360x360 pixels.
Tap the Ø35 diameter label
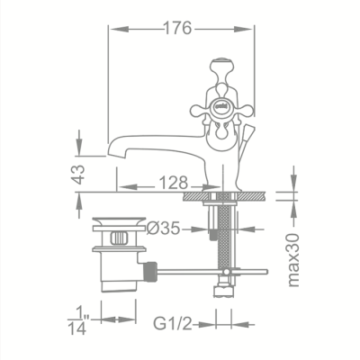(x=166, y=229)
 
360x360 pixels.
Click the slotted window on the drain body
(x=119, y=238)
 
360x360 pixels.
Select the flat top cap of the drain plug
(x=119, y=219)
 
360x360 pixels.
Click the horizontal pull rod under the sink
(x=211, y=269)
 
